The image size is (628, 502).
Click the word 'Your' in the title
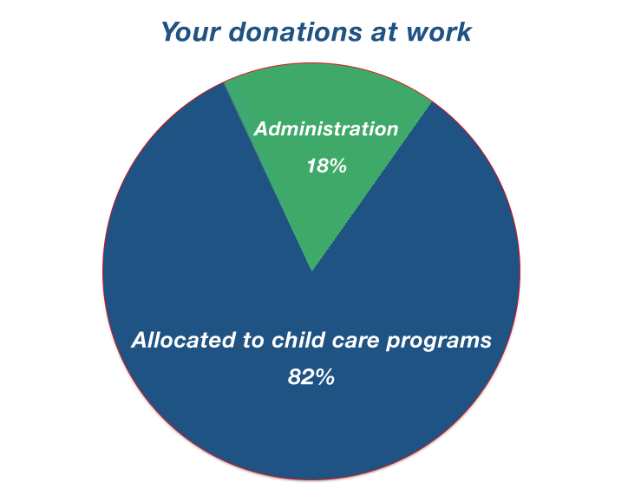191,31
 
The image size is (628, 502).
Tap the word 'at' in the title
384,32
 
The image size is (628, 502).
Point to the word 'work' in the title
439,31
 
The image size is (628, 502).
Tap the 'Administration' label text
326,129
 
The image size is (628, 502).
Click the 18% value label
326,166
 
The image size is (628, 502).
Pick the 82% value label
311,376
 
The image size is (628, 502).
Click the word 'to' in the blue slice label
253,341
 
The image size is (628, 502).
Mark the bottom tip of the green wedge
312,272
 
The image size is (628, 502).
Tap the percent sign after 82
324,376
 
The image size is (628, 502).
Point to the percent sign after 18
337,166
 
